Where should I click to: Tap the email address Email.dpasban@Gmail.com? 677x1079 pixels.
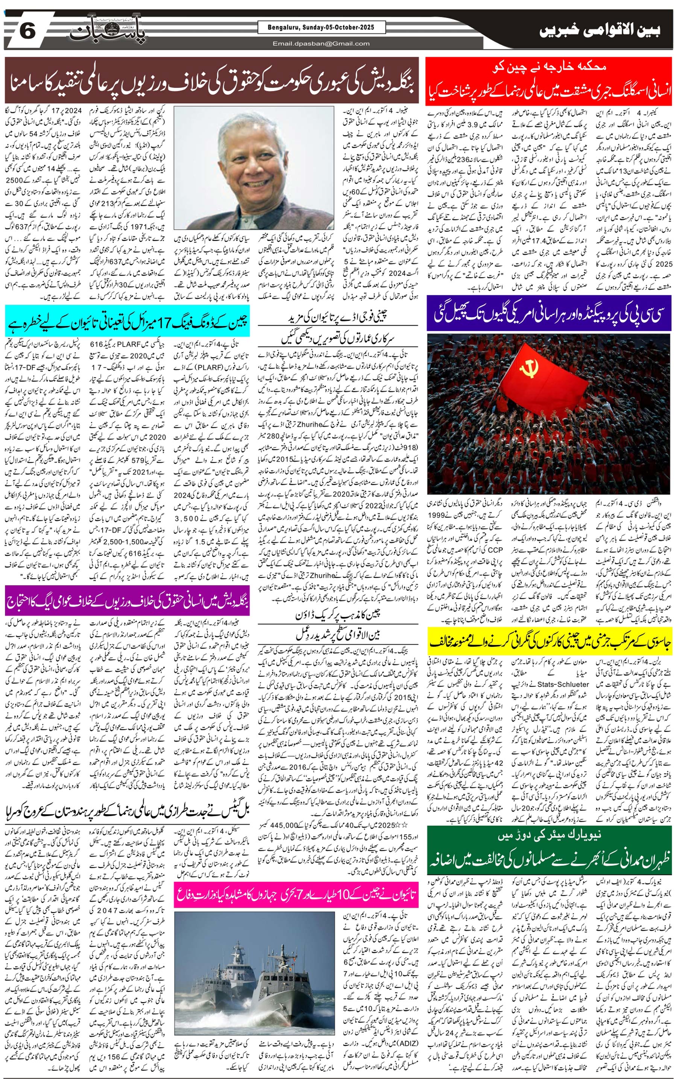pyautogui.click(x=322, y=43)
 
